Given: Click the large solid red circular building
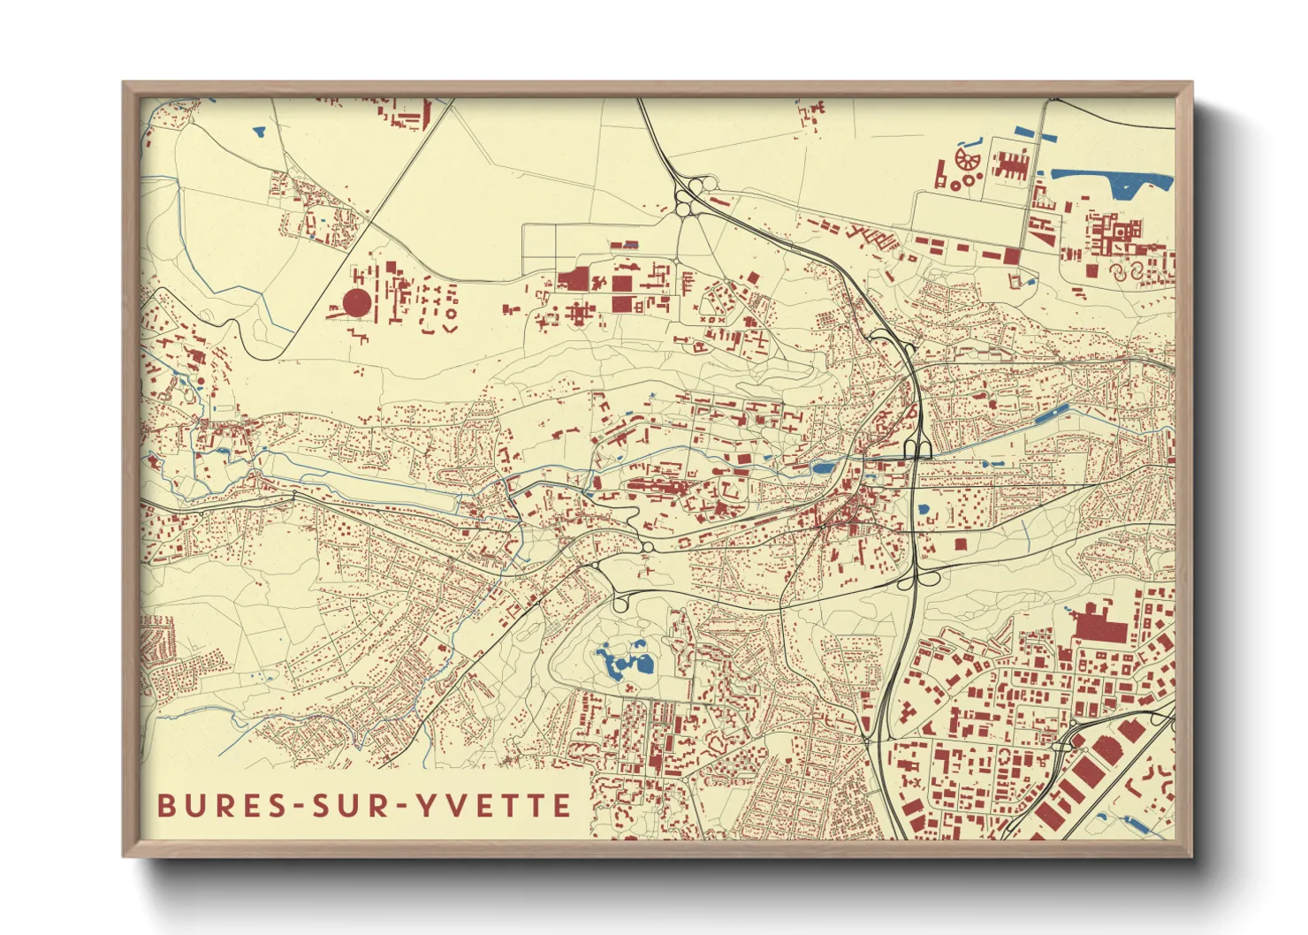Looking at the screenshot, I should pos(357,303).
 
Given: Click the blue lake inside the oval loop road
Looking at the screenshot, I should pos(626,662).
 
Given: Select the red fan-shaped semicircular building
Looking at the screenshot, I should pos(968,159).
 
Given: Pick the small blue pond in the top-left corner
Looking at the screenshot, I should pos(259,132).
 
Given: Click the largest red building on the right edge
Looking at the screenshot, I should pos(1099,625).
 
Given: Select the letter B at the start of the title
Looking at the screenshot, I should pos(166,806).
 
